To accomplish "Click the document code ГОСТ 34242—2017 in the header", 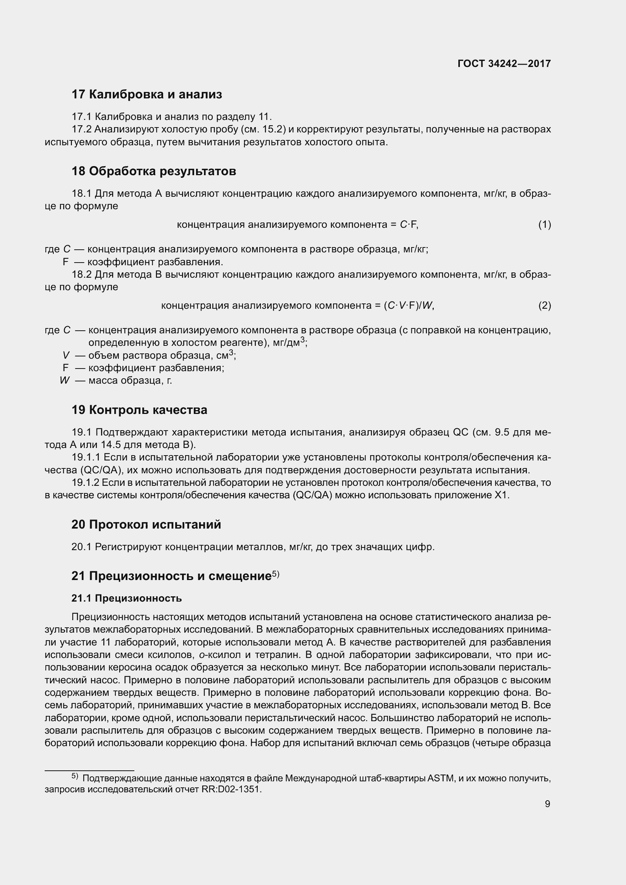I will (x=504, y=64).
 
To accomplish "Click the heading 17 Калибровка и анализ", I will (x=146, y=95).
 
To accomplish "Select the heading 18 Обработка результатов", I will (x=153, y=171).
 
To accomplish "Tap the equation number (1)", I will (x=544, y=224).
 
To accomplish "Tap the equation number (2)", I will (x=544, y=306).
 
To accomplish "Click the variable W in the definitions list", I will (x=64, y=380).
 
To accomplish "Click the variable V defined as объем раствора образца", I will (x=66, y=355).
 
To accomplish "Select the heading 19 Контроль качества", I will (x=139, y=410).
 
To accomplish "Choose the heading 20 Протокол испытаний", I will (x=146, y=524).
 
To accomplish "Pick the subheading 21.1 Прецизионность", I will (x=126, y=598).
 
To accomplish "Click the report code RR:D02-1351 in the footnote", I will (x=231, y=789).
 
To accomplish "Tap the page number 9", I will (x=547, y=804).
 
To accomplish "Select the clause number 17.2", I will (x=81, y=129).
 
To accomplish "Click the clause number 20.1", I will (x=81, y=547).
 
